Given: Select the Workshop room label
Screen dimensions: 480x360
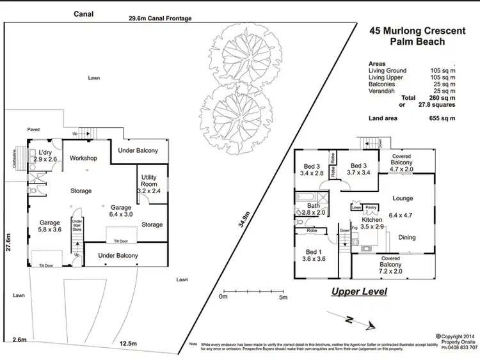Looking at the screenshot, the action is click(x=83, y=158).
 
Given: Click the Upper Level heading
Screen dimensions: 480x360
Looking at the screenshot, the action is click(x=359, y=292).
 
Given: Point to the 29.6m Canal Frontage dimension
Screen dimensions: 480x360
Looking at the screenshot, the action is click(x=159, y=19).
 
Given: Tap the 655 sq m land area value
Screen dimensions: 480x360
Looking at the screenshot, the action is click(x=442, y=118).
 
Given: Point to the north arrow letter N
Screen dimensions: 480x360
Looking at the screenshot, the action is click(x=348, y=319).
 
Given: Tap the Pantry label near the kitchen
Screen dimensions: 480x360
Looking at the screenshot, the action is click(x=371, y=207).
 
